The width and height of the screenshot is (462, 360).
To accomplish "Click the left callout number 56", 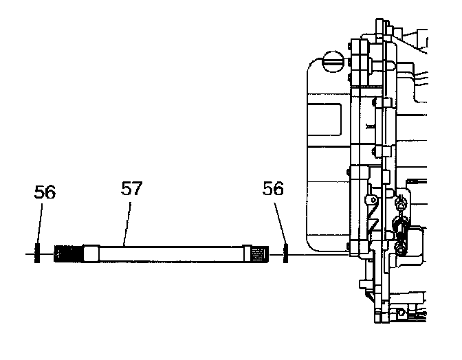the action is (x=45, y=192).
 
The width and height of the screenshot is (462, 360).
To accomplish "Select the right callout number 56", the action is (x=274, y=189).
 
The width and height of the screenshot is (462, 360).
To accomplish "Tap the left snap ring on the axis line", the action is (x=37, y=254).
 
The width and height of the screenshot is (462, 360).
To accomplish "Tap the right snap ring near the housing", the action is (x=285, y=254).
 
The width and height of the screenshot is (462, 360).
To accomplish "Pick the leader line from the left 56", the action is (x=39, y=223).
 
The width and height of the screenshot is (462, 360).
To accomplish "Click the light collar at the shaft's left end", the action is (x=91, y=254).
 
